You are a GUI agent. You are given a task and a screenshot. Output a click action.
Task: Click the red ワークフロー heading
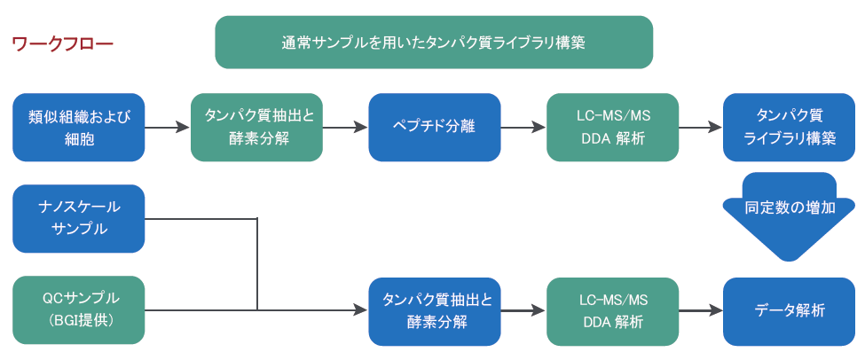62,43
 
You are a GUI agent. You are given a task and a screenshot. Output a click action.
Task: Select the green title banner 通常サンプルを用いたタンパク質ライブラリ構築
434,43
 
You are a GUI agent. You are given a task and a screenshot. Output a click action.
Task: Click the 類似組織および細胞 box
79,127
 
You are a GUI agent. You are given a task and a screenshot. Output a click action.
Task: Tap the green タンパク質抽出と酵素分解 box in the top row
257,127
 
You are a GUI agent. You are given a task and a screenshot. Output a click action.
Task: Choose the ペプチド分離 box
434,127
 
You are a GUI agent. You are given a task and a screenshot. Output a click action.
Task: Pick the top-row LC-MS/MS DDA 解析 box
612,127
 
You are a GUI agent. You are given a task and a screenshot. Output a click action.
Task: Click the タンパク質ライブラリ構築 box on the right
790,127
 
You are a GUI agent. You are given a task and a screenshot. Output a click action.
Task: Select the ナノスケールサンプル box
79,218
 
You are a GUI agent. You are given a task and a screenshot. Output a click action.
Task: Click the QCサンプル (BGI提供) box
79,309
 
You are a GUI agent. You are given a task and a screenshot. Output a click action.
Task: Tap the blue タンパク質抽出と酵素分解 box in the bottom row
435,310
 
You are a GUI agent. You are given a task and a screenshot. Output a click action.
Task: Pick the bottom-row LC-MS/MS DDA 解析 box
612,310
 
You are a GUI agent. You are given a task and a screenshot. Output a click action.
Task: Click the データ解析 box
790,310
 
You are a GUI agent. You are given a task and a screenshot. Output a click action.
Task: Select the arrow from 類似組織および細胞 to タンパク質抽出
168,127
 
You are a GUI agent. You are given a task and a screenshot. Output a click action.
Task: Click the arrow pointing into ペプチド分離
345,127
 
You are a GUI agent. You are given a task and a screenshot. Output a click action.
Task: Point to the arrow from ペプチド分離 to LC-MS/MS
523,127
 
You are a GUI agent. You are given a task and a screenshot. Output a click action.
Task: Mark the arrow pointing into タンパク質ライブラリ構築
701,127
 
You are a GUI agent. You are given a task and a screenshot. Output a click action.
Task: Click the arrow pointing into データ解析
701,310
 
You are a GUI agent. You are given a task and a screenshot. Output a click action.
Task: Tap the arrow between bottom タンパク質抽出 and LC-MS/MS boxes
523,310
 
